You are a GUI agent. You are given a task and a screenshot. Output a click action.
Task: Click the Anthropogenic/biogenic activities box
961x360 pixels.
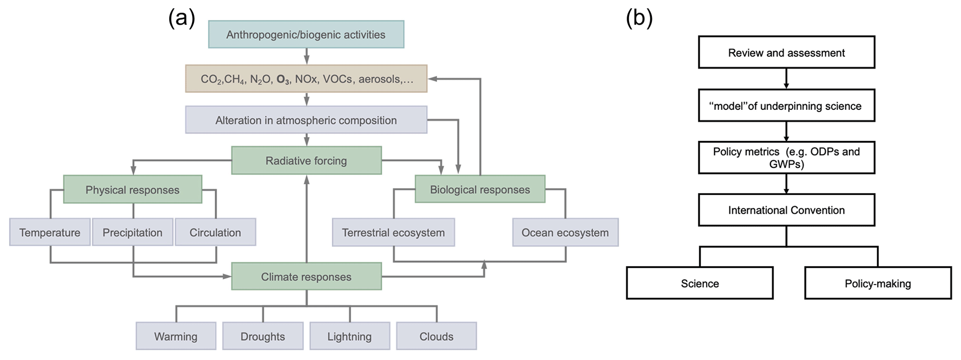306,34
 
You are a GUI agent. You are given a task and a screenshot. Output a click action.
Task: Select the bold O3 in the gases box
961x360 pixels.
283,80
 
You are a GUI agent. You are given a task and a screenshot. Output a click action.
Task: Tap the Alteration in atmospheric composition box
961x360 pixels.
306,120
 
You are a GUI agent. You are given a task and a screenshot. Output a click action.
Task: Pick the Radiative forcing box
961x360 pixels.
306,160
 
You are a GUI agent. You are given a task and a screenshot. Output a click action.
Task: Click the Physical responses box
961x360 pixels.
133,189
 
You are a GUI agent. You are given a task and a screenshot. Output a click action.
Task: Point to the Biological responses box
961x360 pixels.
480,189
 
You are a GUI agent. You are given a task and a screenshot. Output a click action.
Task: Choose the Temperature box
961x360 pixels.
50,232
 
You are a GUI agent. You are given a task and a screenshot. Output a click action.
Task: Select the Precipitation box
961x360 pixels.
133,232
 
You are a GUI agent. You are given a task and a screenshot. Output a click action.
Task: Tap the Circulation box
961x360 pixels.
215,232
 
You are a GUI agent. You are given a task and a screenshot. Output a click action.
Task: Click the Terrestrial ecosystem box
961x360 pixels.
393,232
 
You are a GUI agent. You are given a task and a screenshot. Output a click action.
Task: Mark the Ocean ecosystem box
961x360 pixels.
565,232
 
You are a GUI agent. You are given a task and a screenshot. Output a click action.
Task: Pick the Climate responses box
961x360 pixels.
306,276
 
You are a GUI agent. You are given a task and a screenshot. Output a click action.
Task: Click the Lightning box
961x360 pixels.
350,336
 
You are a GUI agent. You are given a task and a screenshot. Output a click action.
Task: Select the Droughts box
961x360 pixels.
263,336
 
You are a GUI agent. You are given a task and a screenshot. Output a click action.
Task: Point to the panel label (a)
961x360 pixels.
181,19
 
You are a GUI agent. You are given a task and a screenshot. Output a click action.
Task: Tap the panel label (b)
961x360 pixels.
639,19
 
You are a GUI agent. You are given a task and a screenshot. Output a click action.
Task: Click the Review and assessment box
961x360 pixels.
786,53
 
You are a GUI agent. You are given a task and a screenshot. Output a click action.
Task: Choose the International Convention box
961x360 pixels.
786,210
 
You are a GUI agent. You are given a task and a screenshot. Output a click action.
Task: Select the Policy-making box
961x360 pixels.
877,283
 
